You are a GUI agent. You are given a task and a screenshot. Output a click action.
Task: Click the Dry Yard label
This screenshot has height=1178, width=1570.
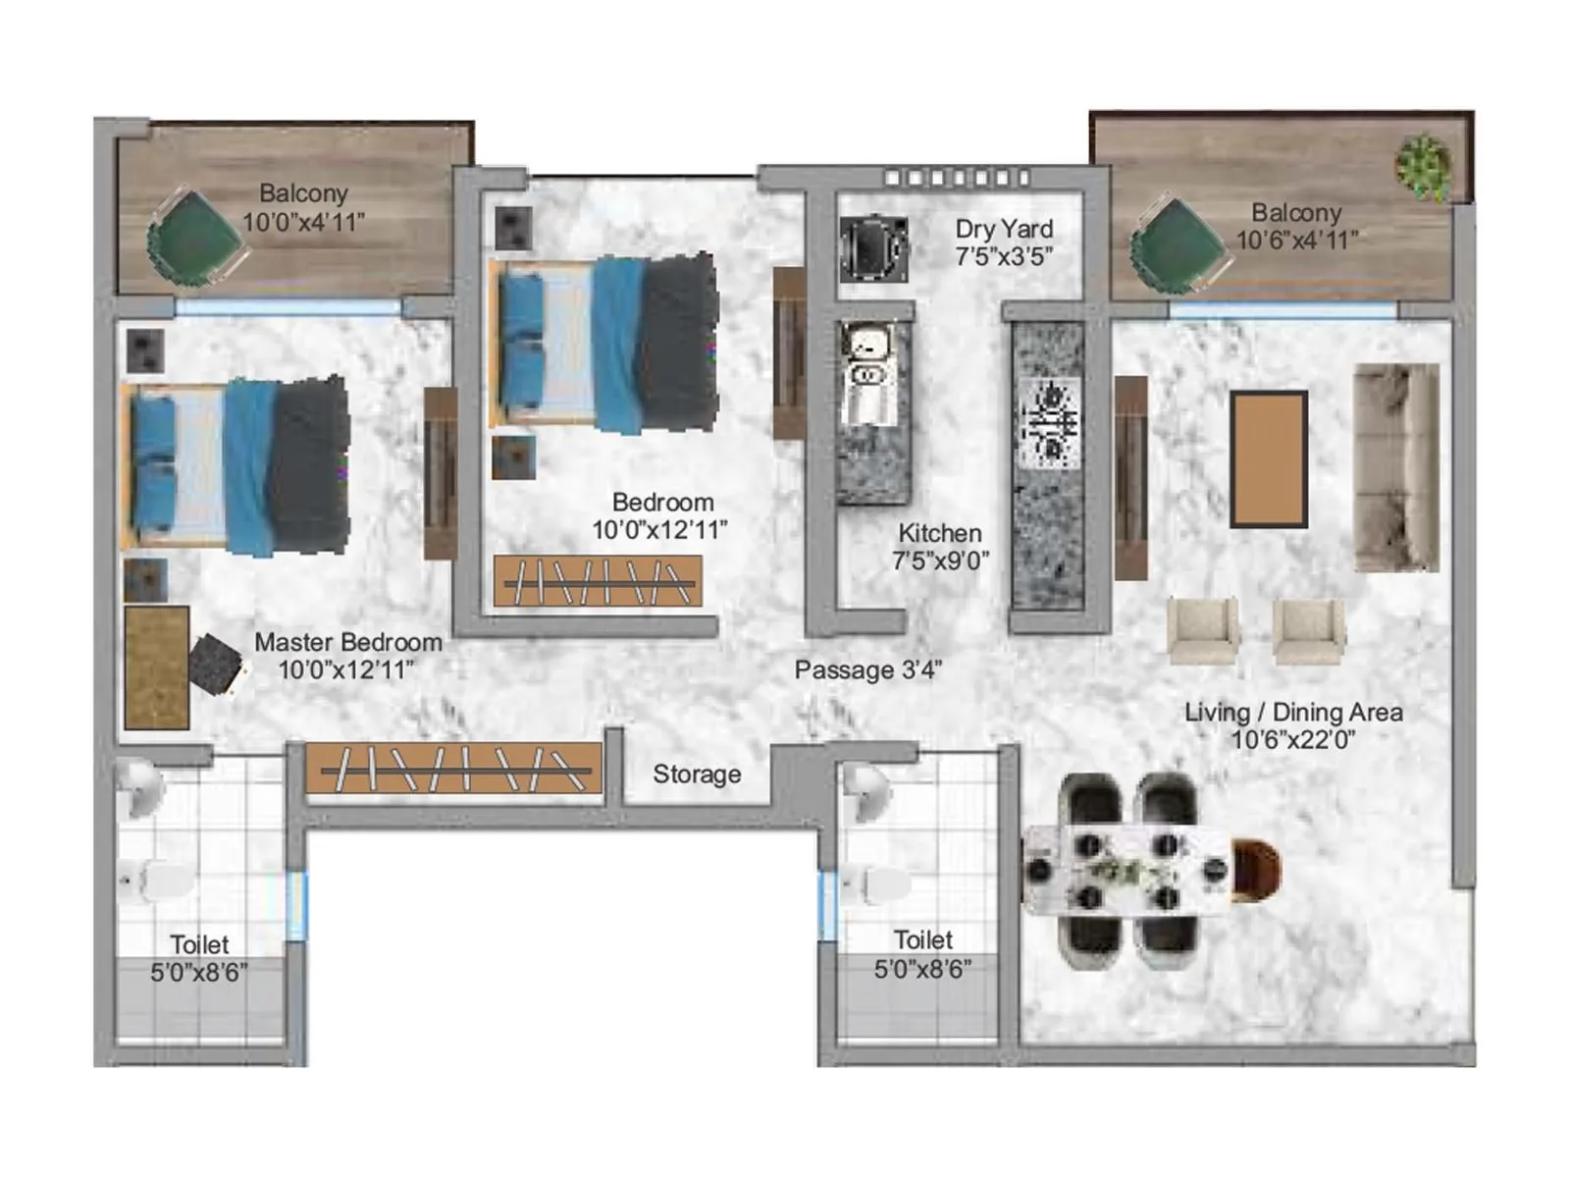click(1004, 229)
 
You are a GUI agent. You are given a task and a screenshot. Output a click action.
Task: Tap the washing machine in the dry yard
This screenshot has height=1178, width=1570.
click(872, 248)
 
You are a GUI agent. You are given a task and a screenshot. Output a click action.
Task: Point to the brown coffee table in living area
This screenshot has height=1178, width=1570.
click(1269, 459)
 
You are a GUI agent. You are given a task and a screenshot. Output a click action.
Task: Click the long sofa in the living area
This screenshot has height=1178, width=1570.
click(1396, 467)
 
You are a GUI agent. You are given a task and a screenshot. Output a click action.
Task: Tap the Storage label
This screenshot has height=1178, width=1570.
click(697, 775)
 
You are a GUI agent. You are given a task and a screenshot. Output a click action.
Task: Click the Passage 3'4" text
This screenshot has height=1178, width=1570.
click(868, 670)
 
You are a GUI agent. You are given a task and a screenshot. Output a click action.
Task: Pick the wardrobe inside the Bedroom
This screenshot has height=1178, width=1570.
click(598, 581)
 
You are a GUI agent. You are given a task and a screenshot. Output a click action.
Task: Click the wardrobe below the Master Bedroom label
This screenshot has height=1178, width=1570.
click(453, 769)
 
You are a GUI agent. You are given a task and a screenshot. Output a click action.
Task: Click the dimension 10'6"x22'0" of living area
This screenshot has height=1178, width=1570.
click(1293, 740)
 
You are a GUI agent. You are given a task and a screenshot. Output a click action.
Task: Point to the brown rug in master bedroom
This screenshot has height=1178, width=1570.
click(157, 668)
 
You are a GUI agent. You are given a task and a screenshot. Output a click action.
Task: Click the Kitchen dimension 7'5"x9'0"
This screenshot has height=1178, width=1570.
click(940, 561)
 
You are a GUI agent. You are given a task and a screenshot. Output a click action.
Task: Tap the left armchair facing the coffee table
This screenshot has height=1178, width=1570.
click(1202, 631)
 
